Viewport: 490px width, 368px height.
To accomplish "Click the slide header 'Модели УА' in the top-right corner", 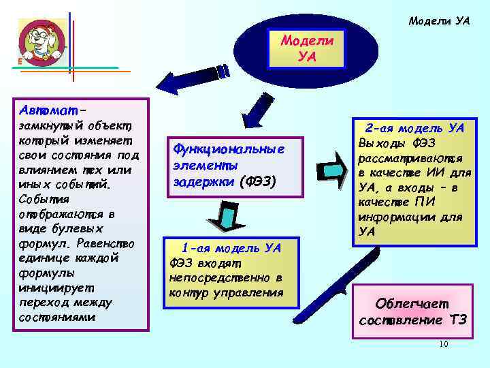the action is pyautogui.click(x=439, y=21).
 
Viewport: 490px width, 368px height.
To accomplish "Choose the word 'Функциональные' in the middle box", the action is pyautogui.click(x=228, y=149).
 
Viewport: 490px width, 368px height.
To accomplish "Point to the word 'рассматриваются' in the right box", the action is pyautogui.click(x=402, y=156).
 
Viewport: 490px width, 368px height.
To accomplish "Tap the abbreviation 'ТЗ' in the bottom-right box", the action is pyautogui.click(x=458, y=320).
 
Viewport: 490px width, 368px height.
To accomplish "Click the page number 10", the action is pyautogui.click(x=443, y=344).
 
